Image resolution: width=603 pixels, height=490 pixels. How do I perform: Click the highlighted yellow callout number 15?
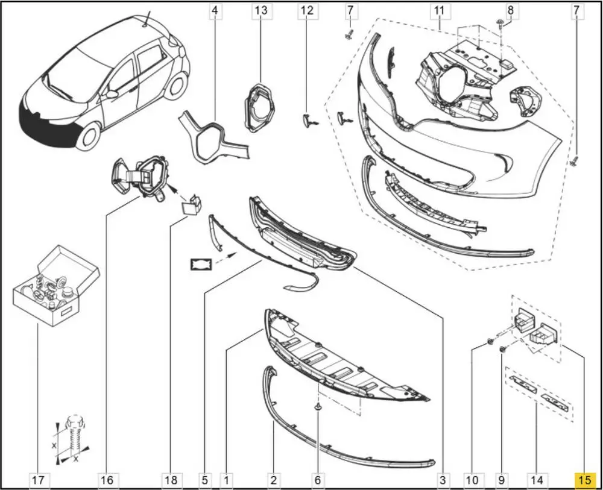584,480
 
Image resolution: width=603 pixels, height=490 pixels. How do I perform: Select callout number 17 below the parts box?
38,480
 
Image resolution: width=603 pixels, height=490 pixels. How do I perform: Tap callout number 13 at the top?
261,10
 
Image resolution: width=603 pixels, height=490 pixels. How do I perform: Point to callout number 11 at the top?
439,10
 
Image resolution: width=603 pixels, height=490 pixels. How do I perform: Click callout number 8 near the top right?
510,10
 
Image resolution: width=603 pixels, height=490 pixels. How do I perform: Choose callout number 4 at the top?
215,10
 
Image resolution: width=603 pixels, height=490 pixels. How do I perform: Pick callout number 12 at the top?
307,10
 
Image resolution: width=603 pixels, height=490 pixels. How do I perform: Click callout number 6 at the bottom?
318,480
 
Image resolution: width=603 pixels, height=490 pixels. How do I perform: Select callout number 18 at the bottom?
171,480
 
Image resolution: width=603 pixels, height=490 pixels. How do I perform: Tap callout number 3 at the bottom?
443,480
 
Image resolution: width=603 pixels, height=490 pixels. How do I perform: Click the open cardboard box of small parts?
56,286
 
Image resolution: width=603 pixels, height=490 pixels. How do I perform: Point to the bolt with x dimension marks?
73,438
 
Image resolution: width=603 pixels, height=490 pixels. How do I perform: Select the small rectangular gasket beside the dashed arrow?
201,265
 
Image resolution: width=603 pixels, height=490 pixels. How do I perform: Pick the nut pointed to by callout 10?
490,341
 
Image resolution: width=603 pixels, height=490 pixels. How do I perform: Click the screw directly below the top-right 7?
575,161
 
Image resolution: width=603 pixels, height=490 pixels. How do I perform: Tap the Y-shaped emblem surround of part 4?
213,137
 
